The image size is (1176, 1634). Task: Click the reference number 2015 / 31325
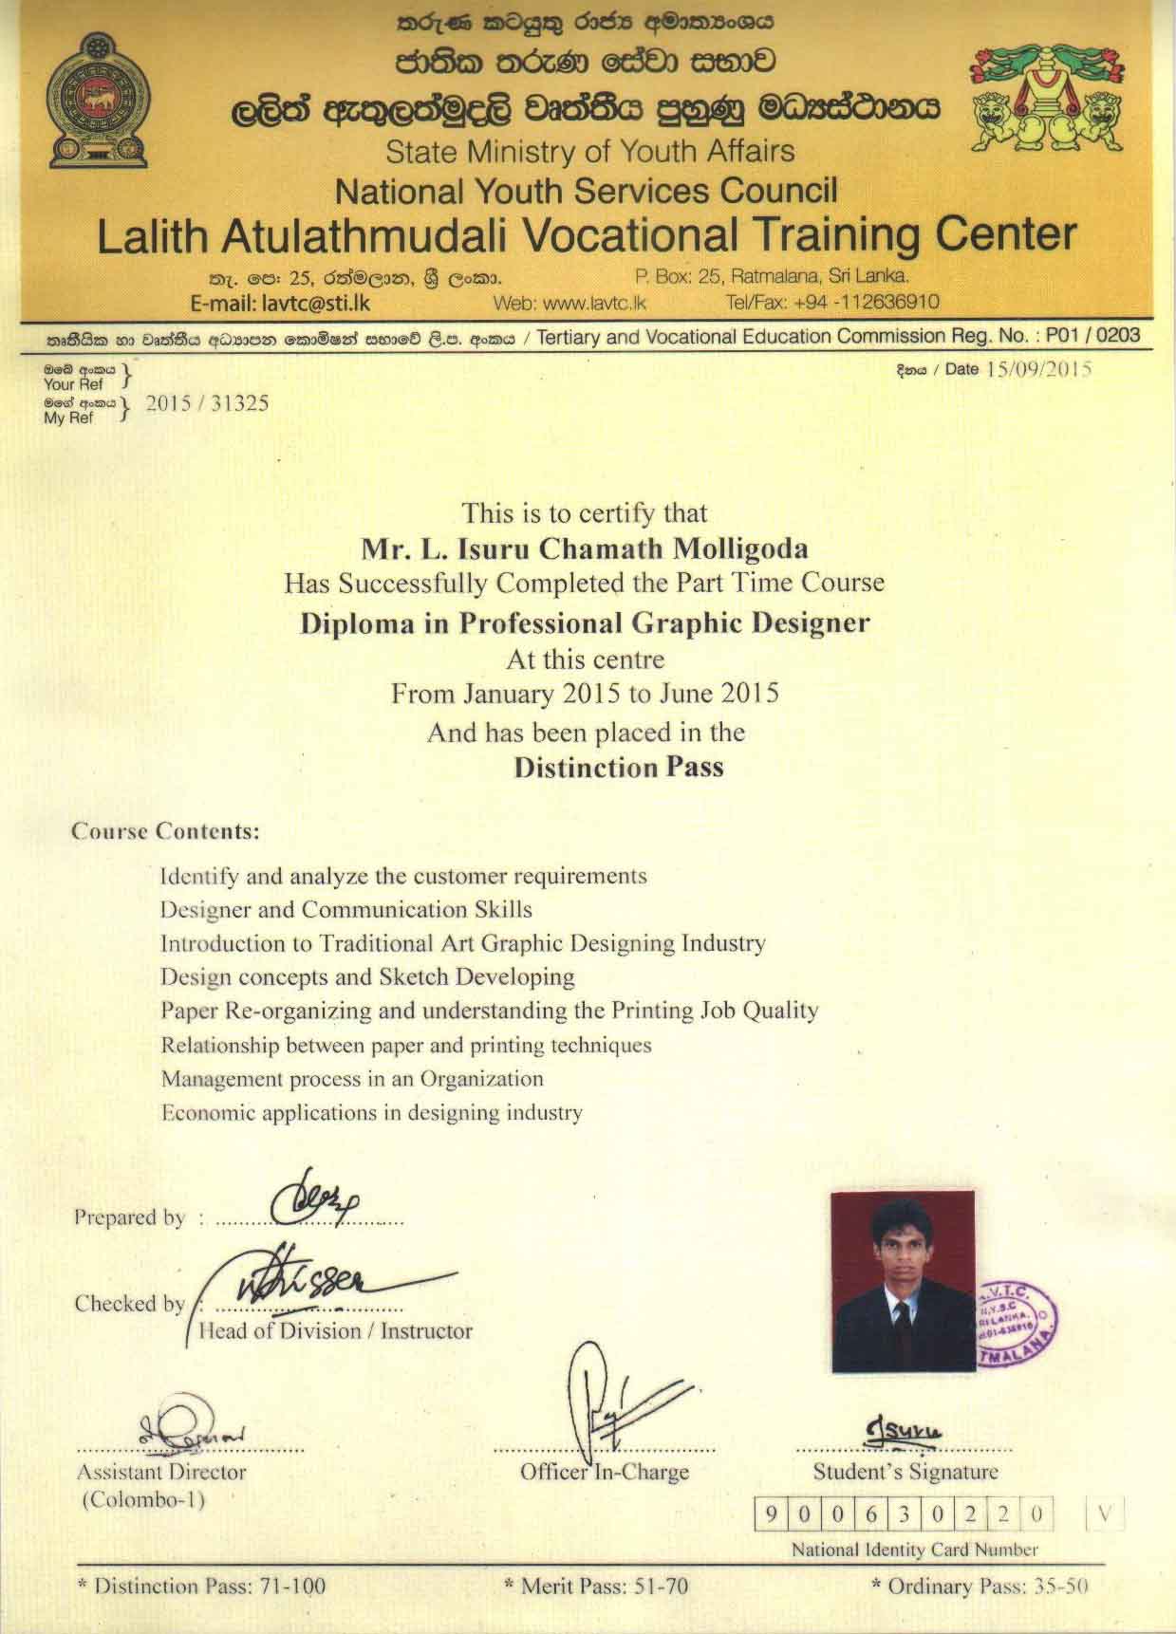[x=206, y=403]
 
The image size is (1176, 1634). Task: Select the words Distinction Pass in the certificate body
[x=618, y=767]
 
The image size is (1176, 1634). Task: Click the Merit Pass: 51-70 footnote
[x=595, y=1585]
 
